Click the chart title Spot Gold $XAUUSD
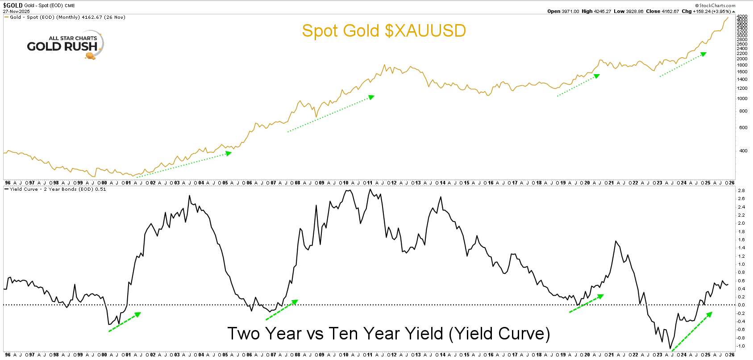pyautogui.click(x=384, y=31)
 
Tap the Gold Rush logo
pyautogui.click(x=65, y=45)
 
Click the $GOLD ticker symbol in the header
pyautogui.click(x=13, y=5)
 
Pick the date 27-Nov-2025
pyautogui.click(x=17, y=11)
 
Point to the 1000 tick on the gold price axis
pyautogui.click(x=742, y=99)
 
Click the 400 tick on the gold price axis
pyautogui.click(x=743, y=151)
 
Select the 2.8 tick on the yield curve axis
pyautogui.click(x=741, y=191)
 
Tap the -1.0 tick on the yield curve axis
pyautogui.click(x=741, y=346)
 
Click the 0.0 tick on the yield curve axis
pyautogui.click(x=741, y=305)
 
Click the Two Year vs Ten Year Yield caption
pyautogui.click(x=388, y=334)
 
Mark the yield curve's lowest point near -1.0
pyautogui.click(x=670, y=348)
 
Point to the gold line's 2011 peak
pyautogui.click(x=384, y=65)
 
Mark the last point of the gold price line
pyautogui.click(x=728, y=17)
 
